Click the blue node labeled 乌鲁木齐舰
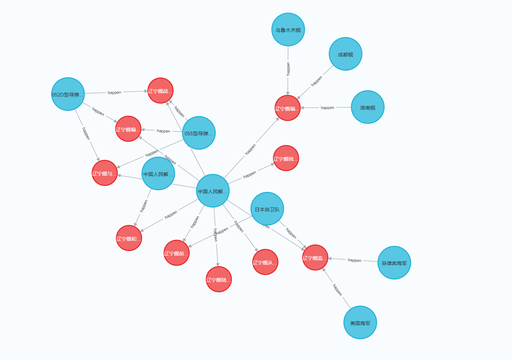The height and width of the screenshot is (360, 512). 288,30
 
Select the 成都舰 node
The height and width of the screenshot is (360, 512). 345,54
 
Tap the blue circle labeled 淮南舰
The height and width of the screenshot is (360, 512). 367,107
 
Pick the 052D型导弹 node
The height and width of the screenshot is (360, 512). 68,94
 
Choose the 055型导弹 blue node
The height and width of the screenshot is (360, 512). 198,133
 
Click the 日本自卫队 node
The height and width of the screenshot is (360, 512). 267,209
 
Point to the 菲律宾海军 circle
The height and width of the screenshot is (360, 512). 394,263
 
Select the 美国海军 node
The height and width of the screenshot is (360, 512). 360,322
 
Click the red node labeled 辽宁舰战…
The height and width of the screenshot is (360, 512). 160,91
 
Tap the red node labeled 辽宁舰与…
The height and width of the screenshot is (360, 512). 104,173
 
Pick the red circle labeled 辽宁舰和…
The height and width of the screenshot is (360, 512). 129,238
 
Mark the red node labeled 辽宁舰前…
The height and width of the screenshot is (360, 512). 177,253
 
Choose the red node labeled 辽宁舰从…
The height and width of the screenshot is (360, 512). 265,262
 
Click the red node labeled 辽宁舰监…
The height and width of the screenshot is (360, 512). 315,258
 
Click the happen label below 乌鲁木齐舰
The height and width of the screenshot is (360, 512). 288,69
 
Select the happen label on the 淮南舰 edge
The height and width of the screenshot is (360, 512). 327,108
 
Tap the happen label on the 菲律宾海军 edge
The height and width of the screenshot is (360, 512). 354,260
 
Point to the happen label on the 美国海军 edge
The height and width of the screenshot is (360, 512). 337,290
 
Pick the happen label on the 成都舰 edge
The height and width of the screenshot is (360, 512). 316,81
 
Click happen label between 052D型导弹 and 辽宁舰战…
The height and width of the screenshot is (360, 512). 114,93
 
